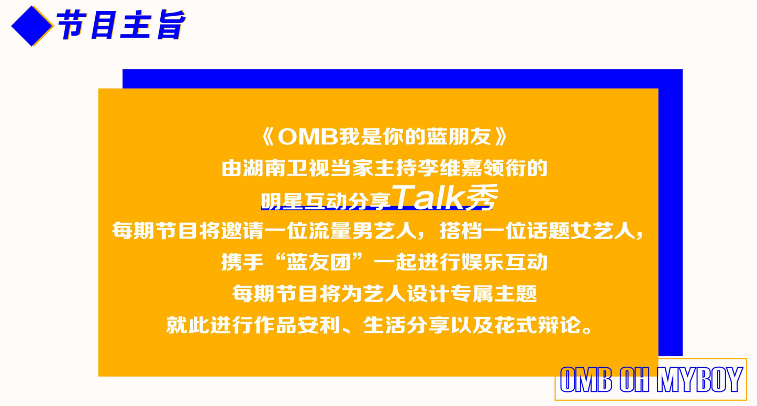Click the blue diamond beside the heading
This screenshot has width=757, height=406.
[32, 26]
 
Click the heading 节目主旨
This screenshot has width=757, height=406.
[121, 25]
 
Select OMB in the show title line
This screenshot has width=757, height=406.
[308, 137]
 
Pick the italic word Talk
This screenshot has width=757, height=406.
[428, 198]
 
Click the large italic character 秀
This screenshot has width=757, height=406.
[482, 198]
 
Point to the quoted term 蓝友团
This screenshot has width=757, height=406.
[319, 262]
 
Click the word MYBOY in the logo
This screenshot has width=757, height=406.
[699, 380]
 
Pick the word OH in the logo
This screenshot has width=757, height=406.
[634, 380]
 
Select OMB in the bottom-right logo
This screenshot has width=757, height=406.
[586, 380]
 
